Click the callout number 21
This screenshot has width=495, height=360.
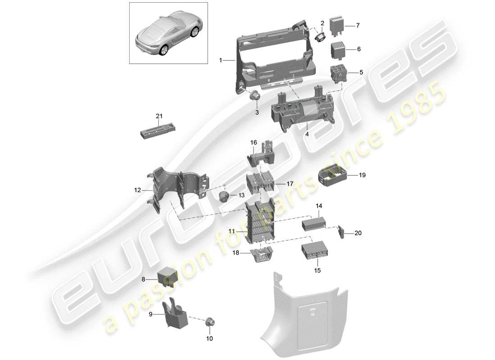click(x=158, y=116)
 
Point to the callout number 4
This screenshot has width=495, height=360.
click(x=307, y=134)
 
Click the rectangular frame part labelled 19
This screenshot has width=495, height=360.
click(x=332, y=175)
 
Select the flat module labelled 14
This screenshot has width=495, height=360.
click(x=313, y=222)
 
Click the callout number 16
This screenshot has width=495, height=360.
click(x=254, y=143)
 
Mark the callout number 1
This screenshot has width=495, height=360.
click(x=220, y=60)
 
